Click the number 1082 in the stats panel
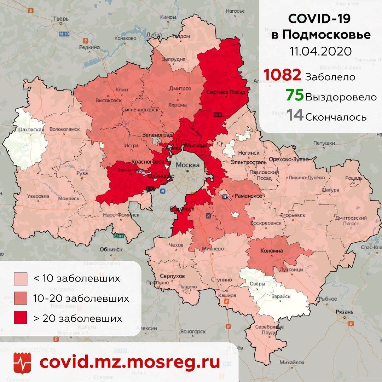click(x=282, y=75)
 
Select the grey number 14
click(x=295, y=115)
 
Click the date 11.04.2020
click(x=321, y=51)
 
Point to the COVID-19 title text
click(x=319, y=19)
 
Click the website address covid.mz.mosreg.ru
click(x=129, y=362)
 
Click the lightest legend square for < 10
click(x=21, y=278)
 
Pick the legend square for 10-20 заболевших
click(x=21, y=298)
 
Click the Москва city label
click(x=187, y=165)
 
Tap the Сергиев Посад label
click(x=225, y=92)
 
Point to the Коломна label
click(x=271, y=251)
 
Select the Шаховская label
click(x=30, y=129)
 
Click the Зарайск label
click(x=281, y=297)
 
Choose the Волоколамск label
click(x=64, y=130)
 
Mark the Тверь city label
click(x=60, y=19)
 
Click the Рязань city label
click(x=346, y=312)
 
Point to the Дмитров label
click(x=180, y=88)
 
